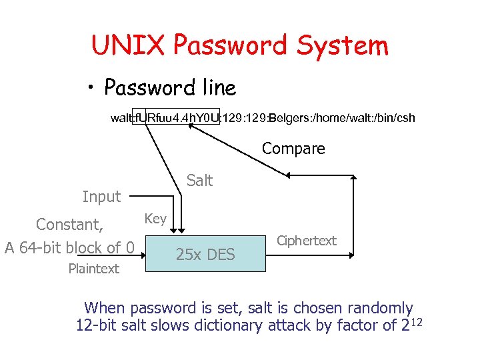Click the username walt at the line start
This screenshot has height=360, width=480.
coord(121,118)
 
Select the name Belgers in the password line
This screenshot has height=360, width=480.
coord(285,118)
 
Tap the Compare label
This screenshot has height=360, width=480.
coord(293,149)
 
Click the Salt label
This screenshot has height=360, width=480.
coord(199,180)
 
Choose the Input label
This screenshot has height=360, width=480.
coord(101,197)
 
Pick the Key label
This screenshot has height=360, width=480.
coord(155,219)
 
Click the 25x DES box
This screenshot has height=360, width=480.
coord(205,254)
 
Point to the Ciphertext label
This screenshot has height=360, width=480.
coord(307,241)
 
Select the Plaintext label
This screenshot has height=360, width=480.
coord(93,269)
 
